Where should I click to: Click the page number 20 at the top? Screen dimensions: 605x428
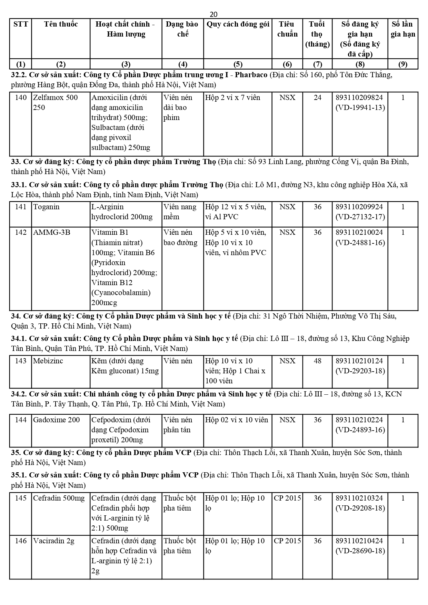[x=213, y=14]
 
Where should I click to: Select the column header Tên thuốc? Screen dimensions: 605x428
[x=61, y=24]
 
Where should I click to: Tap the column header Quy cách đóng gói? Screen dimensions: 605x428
[x=238, y=24]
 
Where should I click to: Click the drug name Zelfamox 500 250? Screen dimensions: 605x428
[x=55, y=102]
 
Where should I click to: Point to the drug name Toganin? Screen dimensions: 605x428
[x=46, y=207]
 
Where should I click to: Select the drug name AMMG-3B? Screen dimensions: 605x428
[x=51, y=232]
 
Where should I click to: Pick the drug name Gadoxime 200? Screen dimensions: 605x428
[x=56, y=420]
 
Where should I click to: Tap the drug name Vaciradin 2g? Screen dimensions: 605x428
[x=53, y=541]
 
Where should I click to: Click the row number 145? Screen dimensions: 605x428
[x=21, y=498]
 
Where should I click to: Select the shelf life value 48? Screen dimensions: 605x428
[x=317, y=361]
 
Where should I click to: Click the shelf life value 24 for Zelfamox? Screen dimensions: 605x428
[x=317, y=98]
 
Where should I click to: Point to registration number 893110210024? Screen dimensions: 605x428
[x=359, y=232]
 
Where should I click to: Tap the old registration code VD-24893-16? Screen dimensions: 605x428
[x=360, y=430]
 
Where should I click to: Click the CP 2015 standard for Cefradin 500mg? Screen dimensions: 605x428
[x=287, y=498]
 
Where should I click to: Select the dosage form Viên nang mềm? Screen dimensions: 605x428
[x=180, y=212]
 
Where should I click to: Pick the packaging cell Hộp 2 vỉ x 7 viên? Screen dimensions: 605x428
[x=232, y=98]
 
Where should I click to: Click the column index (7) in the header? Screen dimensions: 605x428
[x=317, y=64]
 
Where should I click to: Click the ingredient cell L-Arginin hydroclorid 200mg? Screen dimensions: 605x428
[x=122, y=212]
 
